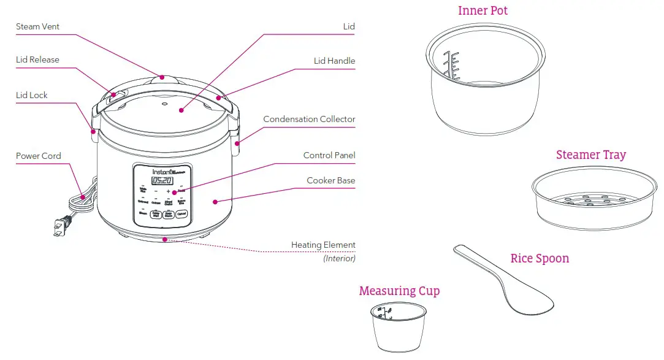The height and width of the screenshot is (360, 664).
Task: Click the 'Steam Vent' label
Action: [x=37, y=26]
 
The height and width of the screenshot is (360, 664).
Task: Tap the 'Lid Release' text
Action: [x=37, y=60]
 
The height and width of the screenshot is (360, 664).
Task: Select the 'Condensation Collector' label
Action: [x=309, y=119]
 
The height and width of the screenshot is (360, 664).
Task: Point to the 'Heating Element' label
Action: [x=323, y=245]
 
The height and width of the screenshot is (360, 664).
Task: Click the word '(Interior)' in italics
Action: [x=339, y=258]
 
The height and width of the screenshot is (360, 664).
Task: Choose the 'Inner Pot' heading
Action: [x=483, y=11]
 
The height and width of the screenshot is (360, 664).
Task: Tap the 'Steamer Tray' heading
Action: [x=591, y=155]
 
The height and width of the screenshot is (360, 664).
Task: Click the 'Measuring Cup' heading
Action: [x=399, y=291]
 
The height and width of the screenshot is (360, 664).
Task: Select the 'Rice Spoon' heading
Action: [x=540, y=258]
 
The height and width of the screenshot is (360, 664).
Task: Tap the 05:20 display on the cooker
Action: [x=162, y=181]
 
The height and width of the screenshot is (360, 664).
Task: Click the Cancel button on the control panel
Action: [x=181, y=215]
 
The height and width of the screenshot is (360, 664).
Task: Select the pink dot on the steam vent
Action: [x=162, y=77]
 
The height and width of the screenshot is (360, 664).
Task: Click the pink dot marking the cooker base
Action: [x=215, y=201]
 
